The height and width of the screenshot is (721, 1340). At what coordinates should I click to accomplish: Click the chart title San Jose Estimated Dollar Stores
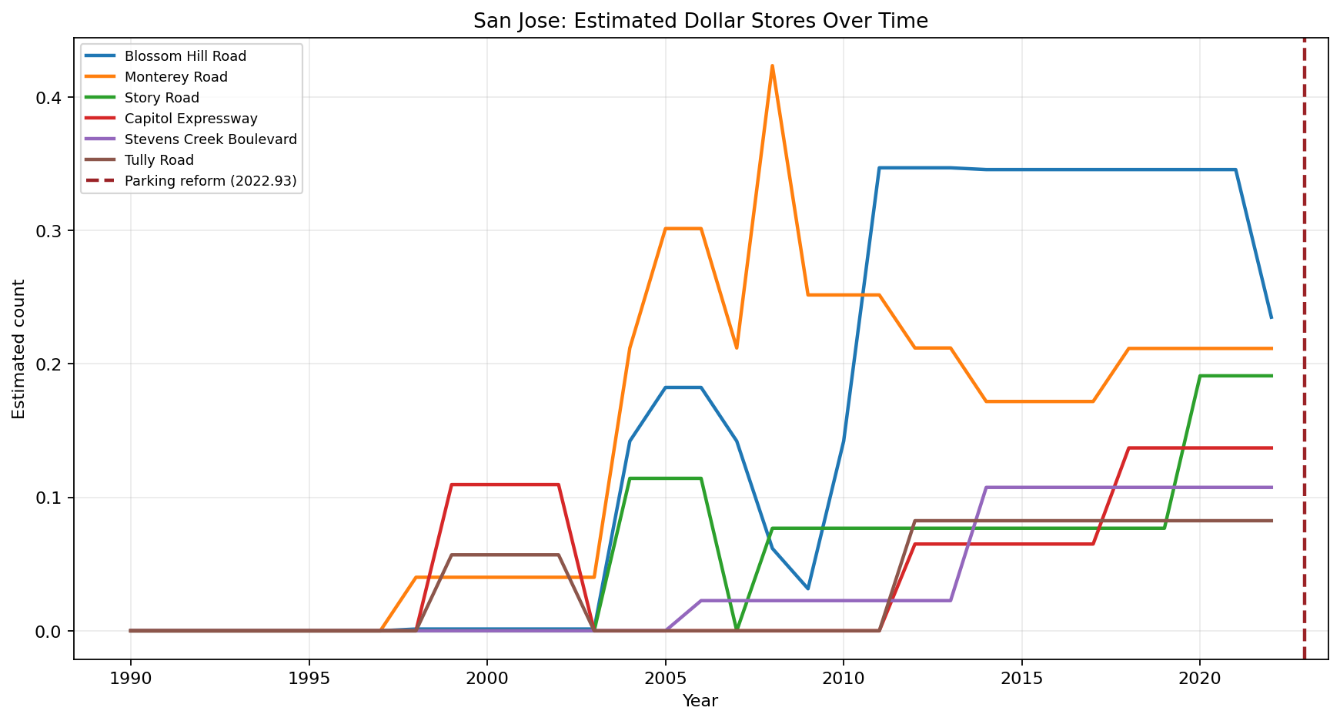(700, 21)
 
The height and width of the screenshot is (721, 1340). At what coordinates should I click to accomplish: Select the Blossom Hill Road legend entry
(185, 56)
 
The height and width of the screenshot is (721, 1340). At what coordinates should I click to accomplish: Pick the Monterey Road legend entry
(175, 77)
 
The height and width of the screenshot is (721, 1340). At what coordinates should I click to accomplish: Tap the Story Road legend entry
(162, 98)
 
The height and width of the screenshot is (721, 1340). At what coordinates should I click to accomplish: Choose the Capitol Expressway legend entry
(190, 119)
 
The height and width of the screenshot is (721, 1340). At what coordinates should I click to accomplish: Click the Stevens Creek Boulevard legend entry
(210, 139)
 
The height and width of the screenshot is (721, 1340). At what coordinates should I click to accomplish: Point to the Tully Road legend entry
(159, 160)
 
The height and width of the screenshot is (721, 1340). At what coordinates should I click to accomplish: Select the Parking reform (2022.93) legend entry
(210, 181)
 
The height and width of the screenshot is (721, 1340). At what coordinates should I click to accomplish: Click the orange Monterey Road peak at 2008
(772, 66)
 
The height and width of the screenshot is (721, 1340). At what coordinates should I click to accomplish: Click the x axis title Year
(700, 701)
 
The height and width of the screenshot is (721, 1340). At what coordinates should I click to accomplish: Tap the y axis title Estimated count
(19, 349)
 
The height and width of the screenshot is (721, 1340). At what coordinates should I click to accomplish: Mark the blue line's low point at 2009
(807, 589)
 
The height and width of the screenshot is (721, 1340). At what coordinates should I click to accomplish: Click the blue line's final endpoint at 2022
(1271, 317)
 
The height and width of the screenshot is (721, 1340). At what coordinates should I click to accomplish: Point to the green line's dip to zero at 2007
(737, 629)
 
